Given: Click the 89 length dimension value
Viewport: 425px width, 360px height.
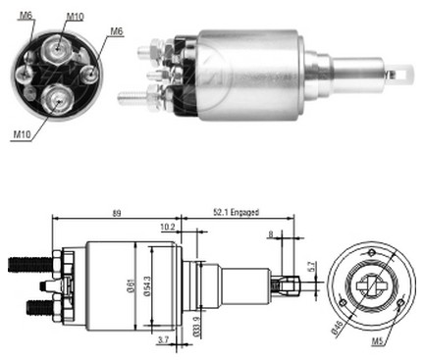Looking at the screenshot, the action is [x=117, y=213].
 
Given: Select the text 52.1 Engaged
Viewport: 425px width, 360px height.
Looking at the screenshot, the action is [x=236, y=213].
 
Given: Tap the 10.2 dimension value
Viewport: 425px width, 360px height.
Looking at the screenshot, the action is [x=168, y=227].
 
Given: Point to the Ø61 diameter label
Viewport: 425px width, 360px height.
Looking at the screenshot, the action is [x=131, y=286].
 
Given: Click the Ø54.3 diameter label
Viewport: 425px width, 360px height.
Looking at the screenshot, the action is [x=147, y=286].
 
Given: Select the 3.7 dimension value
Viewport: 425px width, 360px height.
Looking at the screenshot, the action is [x=163, y=340].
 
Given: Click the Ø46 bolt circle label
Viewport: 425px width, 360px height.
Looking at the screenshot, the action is [x=338, y=327].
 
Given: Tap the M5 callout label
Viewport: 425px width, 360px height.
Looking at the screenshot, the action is [x=377, y=341].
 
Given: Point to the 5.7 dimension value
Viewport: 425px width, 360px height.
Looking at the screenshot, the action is [x=311, y=266].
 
